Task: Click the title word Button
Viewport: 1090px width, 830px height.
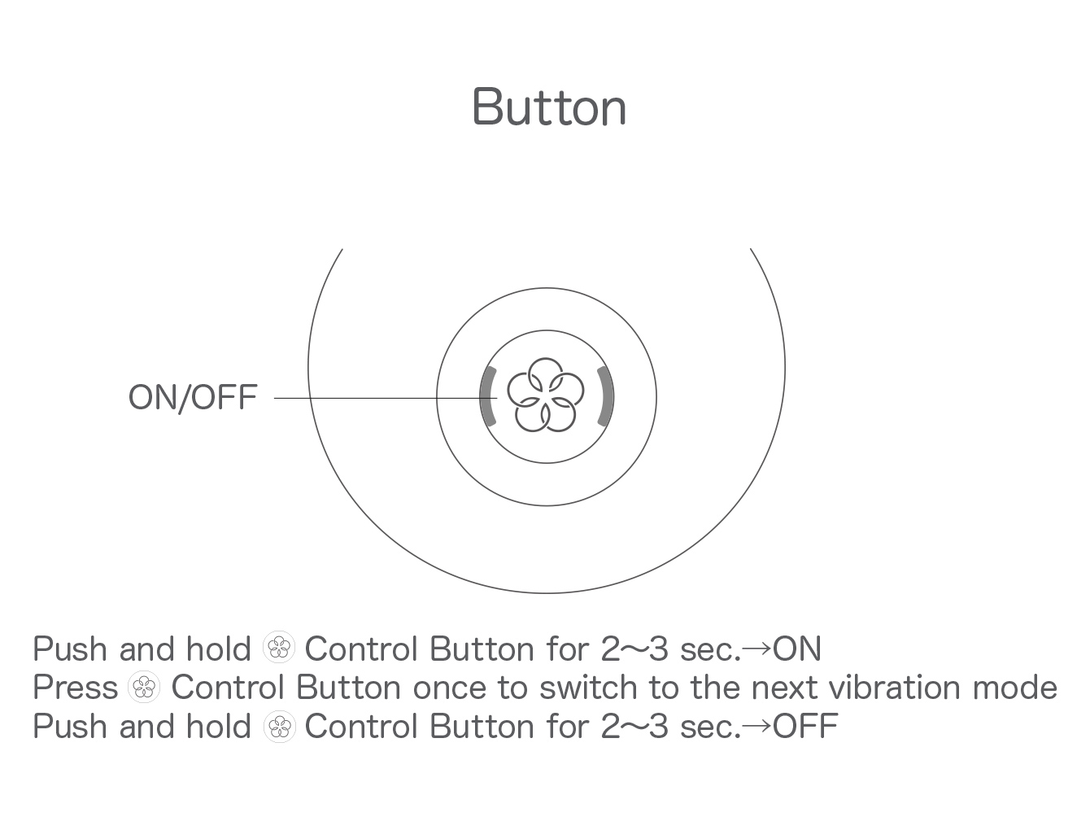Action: pos(549,107)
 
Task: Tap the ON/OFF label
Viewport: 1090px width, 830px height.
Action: pos(193,397)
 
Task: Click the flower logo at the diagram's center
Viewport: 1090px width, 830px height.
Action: pos(545,395)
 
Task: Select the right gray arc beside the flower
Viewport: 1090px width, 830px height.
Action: pos(606,396)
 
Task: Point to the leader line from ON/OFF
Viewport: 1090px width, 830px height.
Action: pos(386,398)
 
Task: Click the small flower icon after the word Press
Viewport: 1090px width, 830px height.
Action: pos(144,687)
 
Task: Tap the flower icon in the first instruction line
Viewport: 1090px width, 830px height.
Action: pos(278,647)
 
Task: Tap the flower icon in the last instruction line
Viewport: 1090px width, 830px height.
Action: pos(279,727)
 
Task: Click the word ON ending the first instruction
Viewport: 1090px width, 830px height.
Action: pos(797,649)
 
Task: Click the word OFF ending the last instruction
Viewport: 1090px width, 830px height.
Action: pos(805,726)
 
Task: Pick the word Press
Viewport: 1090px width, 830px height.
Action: pos(76,688)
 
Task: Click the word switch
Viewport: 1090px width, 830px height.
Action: pos(588,687)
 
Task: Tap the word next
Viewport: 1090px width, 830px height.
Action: pos(785,688)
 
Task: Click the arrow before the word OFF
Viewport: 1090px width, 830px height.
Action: pos(757,726)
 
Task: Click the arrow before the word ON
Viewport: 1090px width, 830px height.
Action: pos(757,649)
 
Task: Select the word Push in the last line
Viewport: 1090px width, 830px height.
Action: pos(70,726)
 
